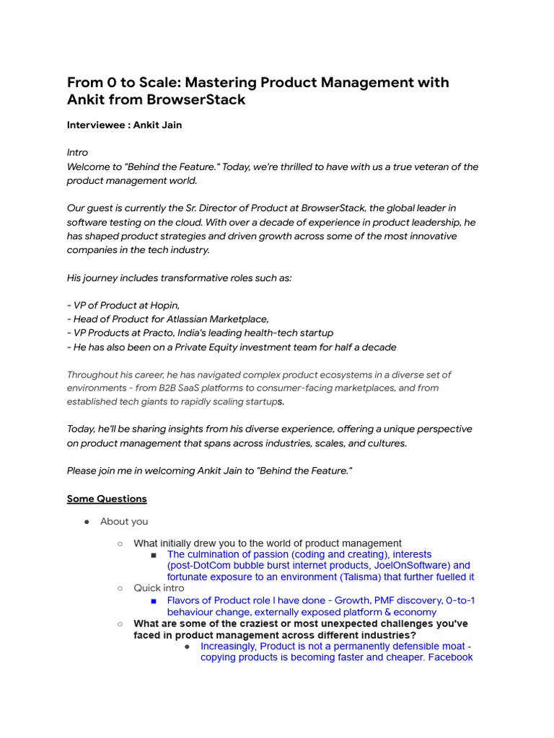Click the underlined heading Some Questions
tap(107, 499)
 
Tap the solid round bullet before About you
tap(86, 521)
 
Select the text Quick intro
tap(159, 588)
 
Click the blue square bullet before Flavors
tap(154, 600)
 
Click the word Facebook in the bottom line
tap(449, 657)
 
